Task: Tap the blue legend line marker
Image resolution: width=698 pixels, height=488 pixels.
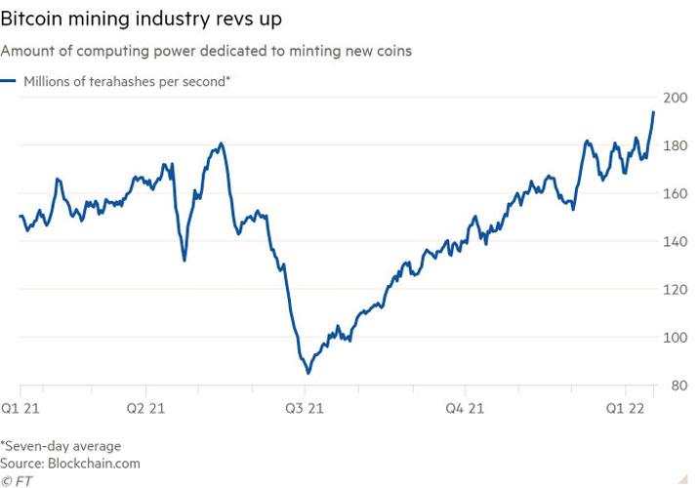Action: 8,82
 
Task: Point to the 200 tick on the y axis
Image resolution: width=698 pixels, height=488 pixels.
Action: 674,98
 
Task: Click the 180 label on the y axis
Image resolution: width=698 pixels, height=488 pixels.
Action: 674,145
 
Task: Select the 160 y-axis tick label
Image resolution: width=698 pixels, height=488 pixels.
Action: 674,193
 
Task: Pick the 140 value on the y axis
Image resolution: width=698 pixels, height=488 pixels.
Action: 674,241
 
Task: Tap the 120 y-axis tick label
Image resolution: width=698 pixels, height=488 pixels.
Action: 674,289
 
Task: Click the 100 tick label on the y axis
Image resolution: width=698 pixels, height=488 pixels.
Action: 674,337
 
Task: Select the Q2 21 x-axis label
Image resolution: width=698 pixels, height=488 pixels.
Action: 147,406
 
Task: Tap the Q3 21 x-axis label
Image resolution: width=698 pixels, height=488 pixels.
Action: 305,406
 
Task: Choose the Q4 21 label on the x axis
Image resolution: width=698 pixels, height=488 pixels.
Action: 465,406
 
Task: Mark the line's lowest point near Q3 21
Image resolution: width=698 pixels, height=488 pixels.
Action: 308,373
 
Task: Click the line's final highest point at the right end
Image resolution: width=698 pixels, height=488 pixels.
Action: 653,112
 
